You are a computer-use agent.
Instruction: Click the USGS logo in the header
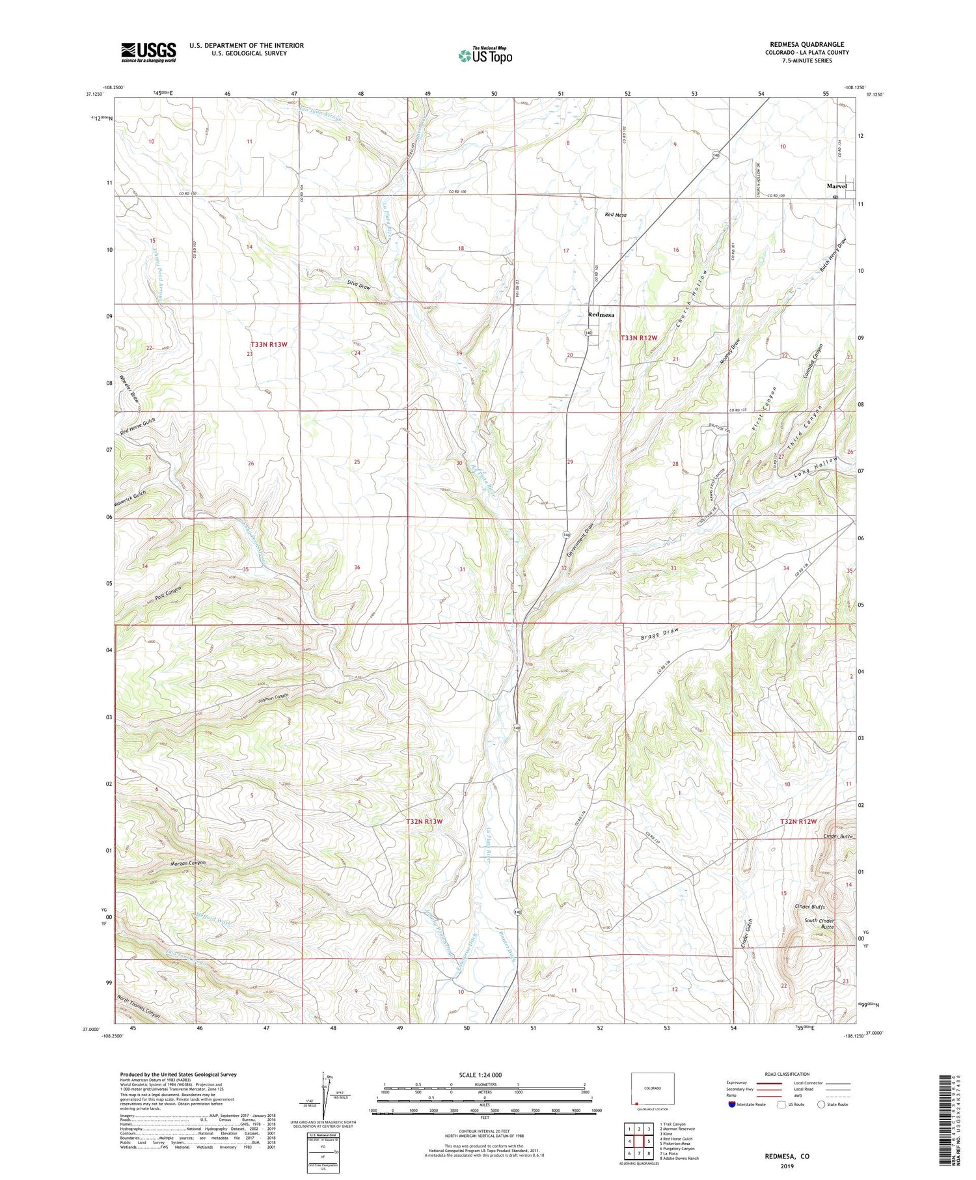coord(148,52)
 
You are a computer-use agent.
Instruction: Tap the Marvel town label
coord(836,186)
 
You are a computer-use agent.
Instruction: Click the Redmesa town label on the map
coord(601,314)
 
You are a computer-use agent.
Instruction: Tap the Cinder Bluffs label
coord(809,907)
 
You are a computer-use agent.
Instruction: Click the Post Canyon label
coord(168,593)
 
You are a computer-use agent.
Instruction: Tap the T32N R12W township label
coord(798,821)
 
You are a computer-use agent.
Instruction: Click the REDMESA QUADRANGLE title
coord(806,44)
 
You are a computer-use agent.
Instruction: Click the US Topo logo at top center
coord(485,55)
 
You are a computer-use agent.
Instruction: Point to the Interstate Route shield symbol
coord(732,1105)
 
